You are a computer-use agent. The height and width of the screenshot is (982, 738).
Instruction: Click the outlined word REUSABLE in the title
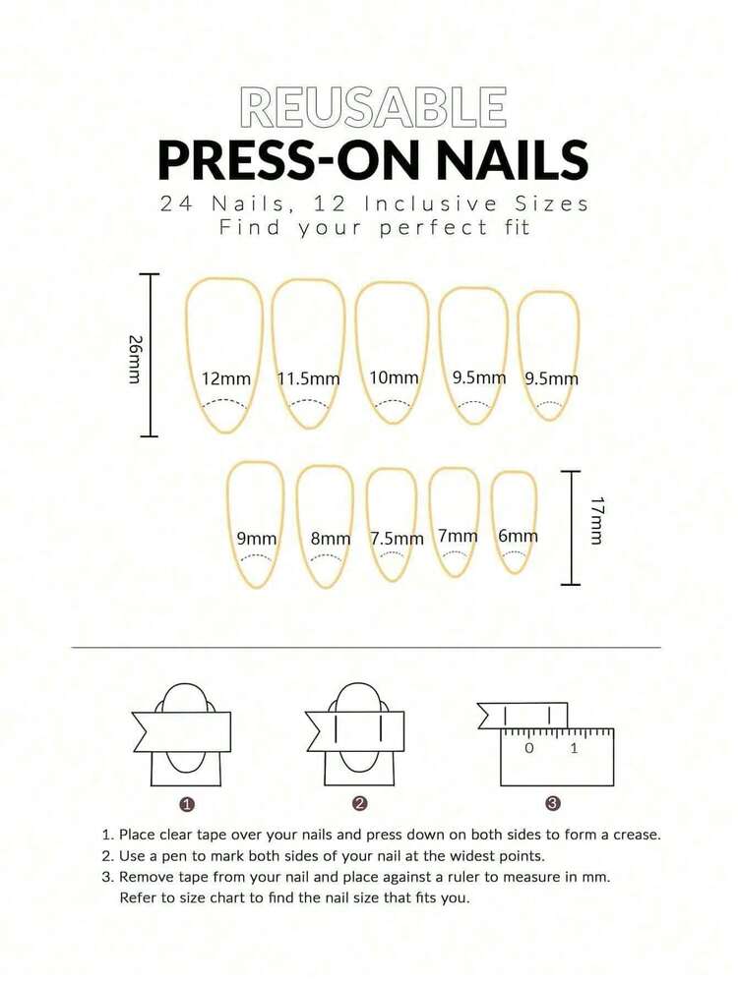coord(373,107)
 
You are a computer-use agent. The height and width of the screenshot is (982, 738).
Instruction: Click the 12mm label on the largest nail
coord(225,379)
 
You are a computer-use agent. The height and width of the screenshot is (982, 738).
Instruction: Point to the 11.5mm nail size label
coord(308,379)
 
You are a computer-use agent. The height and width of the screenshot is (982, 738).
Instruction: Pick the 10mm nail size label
coord(394,378)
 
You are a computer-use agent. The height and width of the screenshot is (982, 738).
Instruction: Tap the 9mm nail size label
coord(256,539)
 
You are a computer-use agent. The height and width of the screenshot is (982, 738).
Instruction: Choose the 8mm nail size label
coord(330,539)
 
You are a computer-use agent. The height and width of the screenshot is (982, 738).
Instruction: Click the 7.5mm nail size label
coord(397,539)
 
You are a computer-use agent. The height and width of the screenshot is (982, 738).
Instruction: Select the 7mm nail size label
coord(458,537)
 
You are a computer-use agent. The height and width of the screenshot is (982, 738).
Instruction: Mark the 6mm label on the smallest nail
coord(518,537)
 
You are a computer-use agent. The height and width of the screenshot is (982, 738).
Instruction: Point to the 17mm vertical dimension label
coord(596,520)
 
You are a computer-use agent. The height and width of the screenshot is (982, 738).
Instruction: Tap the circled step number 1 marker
coord(187,804)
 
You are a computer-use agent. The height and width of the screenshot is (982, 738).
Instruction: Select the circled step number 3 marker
coord(553,804)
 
